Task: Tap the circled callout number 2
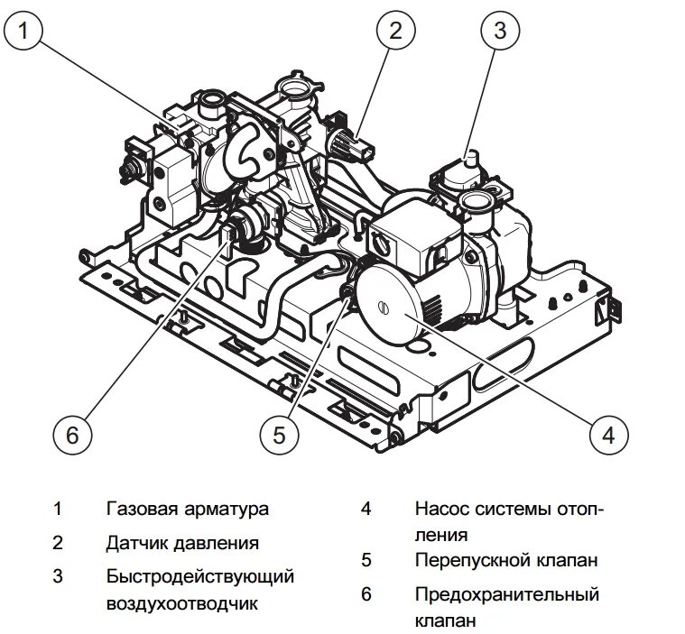pos(395,32)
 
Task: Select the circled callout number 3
pos(499,32)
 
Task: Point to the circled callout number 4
pos(608,435)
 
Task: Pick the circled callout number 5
pos(279,435)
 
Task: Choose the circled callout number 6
pos(73,435)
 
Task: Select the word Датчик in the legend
pos(134,544)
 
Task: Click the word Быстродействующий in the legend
pos(199,575)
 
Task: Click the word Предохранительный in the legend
pos(507,594)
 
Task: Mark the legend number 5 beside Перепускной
pos(366,560)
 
